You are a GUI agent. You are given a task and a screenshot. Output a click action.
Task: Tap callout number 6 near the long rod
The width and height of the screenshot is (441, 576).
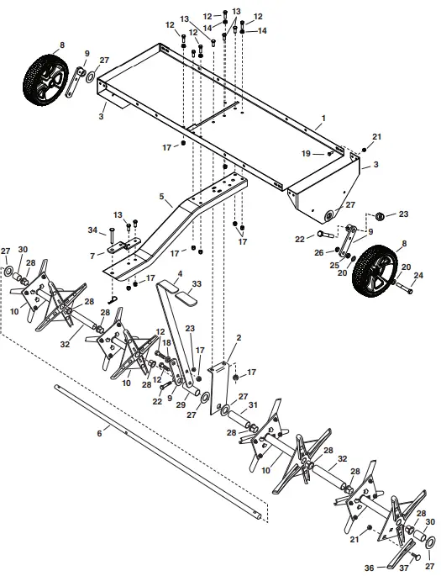pyautogui.click(x=100, y=432)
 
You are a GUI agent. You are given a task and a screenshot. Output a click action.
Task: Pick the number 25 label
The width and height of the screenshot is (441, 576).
pyautogui.click(x=334, y=266)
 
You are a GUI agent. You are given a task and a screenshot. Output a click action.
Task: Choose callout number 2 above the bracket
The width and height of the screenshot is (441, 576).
pyautogui.click(x=239, y=337)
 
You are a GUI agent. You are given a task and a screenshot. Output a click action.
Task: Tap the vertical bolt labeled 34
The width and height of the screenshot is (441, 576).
pyautogui.click(x=111, y=239)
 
